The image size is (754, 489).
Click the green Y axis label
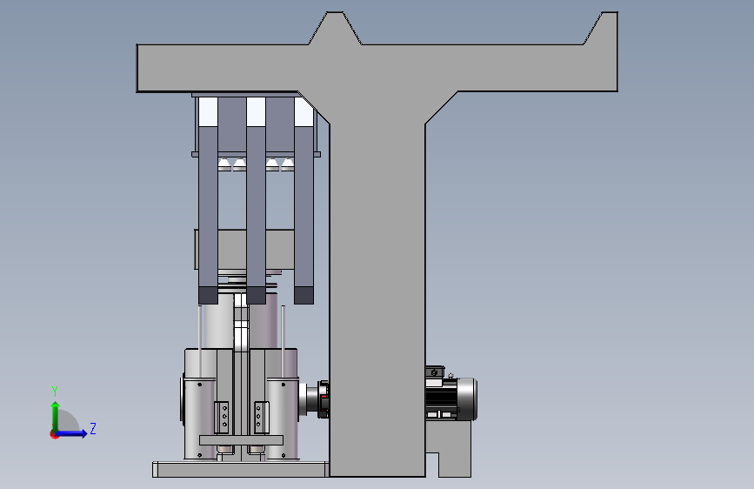point(55,392)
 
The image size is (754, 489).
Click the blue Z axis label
point(93,428)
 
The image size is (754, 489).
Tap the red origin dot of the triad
point(54,434)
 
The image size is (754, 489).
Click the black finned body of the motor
point(441,398)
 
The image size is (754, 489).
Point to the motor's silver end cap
point(467,399)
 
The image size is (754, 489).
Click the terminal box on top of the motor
point(435,372)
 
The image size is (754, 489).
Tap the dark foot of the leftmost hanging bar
point(208,295)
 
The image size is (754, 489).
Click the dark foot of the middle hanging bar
point(256,295)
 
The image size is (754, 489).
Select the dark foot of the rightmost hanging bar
point(304,295)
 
